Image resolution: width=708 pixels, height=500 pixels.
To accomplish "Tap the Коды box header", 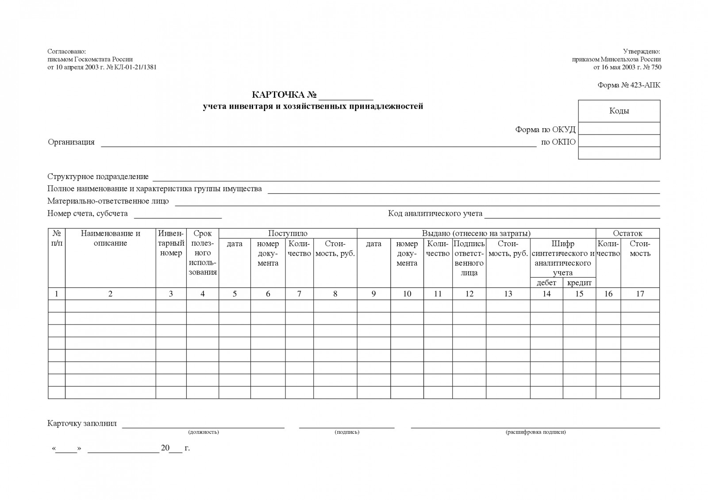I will tap(619, 111).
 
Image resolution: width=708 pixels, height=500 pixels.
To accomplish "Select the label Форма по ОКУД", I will tap(545, 130).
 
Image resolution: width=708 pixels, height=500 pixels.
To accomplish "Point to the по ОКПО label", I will tap(558, 142).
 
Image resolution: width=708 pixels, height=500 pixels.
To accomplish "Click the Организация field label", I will tap(71, 142).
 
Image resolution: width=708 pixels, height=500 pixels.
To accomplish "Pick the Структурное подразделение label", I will tap(98, 176).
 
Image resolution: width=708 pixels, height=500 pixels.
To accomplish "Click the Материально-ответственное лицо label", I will tap(108, 201).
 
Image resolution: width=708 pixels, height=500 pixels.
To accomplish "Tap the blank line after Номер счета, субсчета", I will tap(178, 215).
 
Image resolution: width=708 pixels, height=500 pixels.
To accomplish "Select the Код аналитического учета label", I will tap(435, 214).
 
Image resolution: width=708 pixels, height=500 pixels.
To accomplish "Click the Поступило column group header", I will tap(288, 233).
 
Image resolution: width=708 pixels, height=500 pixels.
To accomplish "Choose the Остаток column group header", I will tap(627, 233).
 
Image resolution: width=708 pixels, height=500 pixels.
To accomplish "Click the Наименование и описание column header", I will tap(110, 238).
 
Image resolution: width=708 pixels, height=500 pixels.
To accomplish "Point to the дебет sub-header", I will tap(546, 282).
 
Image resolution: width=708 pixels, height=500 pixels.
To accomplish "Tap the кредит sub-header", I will tap(579, 282).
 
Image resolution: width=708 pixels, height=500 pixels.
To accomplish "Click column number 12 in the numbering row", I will tap(469, 294).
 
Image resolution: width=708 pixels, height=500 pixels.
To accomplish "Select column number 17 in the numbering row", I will tap(640, 294).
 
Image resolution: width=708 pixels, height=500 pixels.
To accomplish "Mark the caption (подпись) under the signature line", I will tap(347, 432).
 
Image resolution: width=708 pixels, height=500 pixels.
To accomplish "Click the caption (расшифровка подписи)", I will tap(535, 432).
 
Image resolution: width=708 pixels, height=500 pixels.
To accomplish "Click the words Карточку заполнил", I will tap(82, 424).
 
